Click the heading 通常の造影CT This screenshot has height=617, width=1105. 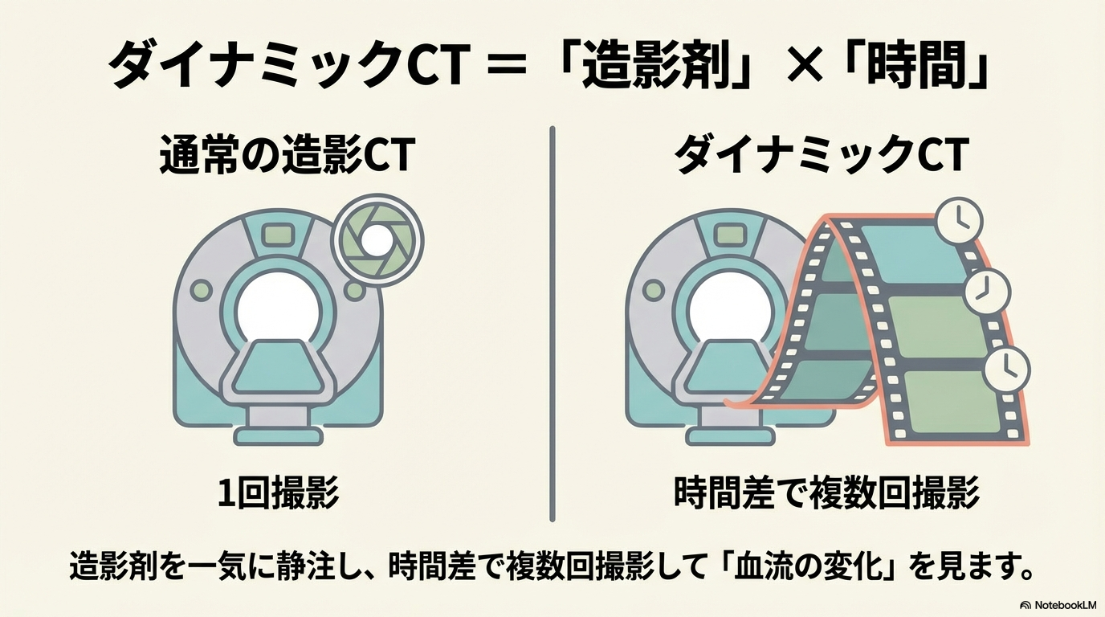pos(287,156)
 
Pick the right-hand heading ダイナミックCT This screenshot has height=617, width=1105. pos(819,156)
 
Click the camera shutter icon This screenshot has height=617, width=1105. pos(372,239)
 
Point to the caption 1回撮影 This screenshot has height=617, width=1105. pos(278,492)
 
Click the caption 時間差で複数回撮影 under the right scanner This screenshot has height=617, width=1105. pos(826,492)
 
